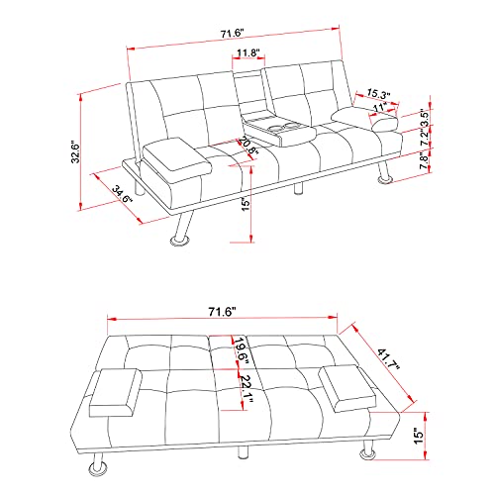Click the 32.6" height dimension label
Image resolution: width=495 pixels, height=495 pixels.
point(88,150)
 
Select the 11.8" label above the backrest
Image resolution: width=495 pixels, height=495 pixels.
point(248,53)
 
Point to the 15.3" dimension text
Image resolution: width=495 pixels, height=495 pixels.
point(377,94)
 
